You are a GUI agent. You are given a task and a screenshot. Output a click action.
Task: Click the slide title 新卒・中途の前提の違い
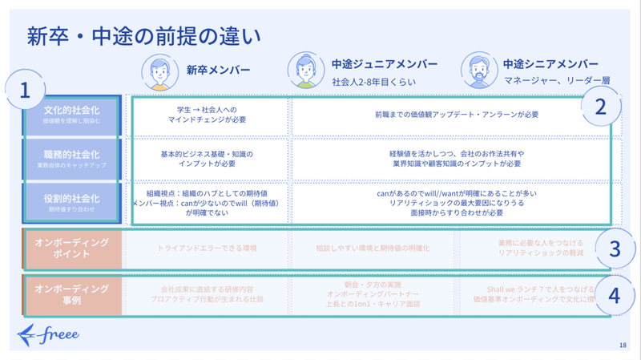(143, 35)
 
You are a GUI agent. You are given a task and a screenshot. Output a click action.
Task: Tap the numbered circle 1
(26, 91)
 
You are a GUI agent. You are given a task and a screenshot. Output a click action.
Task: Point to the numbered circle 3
(615, 249)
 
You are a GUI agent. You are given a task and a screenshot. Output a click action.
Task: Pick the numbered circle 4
(615, 295)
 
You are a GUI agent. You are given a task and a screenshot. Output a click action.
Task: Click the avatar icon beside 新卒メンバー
(160, 71)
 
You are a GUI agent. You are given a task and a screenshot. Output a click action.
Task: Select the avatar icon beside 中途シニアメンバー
(478, 71)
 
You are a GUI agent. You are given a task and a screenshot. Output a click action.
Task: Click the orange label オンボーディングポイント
(72, 249)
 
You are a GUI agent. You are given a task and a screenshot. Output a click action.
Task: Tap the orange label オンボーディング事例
(72, 293)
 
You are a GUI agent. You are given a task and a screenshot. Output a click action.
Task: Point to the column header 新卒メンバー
(218, 68)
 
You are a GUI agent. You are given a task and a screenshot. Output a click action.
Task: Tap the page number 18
(623, 346)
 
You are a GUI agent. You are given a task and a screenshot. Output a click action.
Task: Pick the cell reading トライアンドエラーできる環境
(208, 249)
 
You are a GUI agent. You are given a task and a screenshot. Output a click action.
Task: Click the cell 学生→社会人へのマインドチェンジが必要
(208, 115)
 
